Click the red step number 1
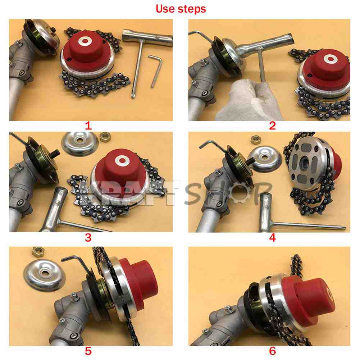tap(88, 126)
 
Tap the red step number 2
tap(272, 126)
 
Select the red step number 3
tap(88, 237)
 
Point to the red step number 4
tap(272, 237)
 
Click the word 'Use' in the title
tap(165, 9)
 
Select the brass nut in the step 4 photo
tap(255, 140)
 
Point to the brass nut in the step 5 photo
tap(38, 252)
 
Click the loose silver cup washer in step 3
tap(80, 143)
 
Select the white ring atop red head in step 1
tap(85, 41)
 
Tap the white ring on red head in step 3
tap(122, 160)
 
